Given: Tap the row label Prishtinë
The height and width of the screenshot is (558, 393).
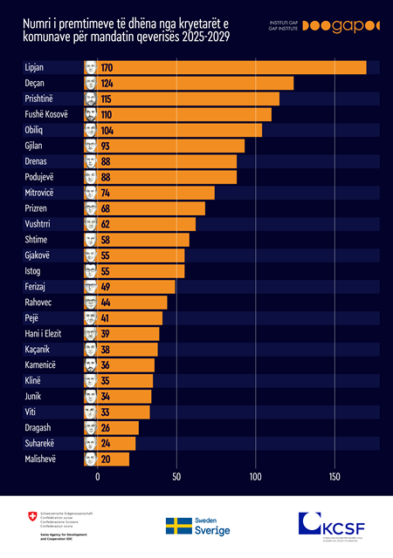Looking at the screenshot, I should pyautogui.click(x=39, y=99).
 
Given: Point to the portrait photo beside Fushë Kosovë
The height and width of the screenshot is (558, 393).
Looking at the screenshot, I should pyautogui.click(x=90, y=114).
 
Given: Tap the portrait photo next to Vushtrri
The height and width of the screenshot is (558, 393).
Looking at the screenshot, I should pyautogui.click(x=90, y=224).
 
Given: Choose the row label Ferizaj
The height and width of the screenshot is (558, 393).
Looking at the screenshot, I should pyautogui.click(x=34, y=286).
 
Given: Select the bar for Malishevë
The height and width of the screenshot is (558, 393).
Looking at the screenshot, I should pyautogui.click(x=113, y=458).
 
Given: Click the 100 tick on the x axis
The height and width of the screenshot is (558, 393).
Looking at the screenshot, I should pyautogui.click(x=255, y=477).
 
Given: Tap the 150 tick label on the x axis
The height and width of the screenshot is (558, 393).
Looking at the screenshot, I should pyautogui.click(x=334, y=477).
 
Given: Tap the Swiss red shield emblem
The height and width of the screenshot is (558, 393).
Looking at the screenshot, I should pyautogui.click(x=32, y=521).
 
